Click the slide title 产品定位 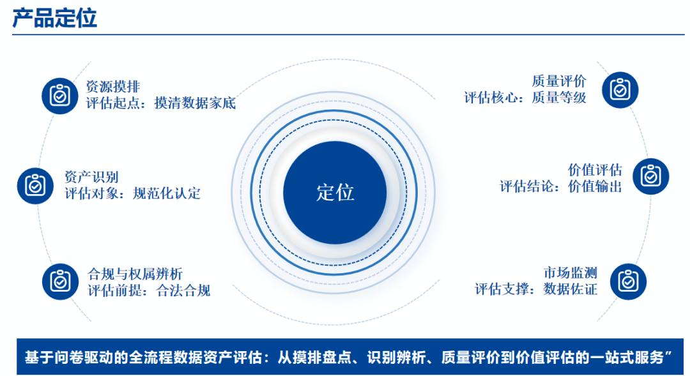[x=54, y=18]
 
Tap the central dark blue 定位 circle [x=335, y=193]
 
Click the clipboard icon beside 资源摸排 [x=60, y=95]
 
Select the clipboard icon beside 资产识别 [x=35, y=186]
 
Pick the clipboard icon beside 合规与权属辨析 [x=60, y=282]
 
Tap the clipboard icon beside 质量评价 [x=620, y=90]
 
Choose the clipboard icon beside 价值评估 [x=651, y=176]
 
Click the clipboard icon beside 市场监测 [x=628, y=282]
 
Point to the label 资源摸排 [x=113, y=86]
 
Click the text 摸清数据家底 [x=195, y=103]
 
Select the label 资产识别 [x=91, y=177]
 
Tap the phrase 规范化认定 [x=167, y=193]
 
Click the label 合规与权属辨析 [x=135, y=274]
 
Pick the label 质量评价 [x=559, y=81]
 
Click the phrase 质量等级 [x=559, y=97]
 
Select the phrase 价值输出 [x=595, y=186]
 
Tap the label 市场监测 [x=571, y=273]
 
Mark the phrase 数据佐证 [x=571, y=289]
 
